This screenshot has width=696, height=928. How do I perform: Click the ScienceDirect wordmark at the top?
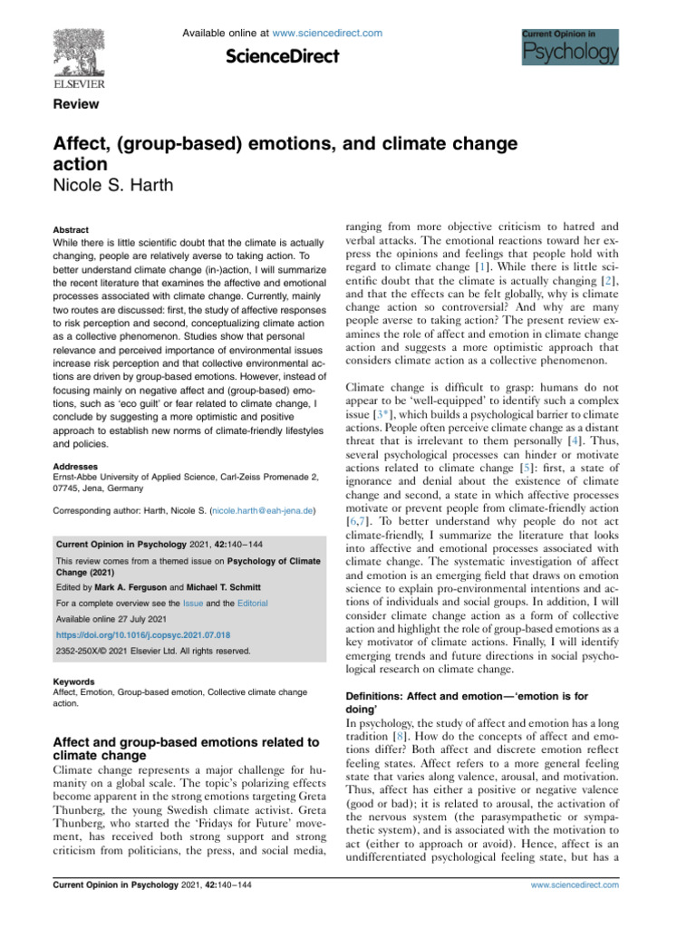282,57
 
